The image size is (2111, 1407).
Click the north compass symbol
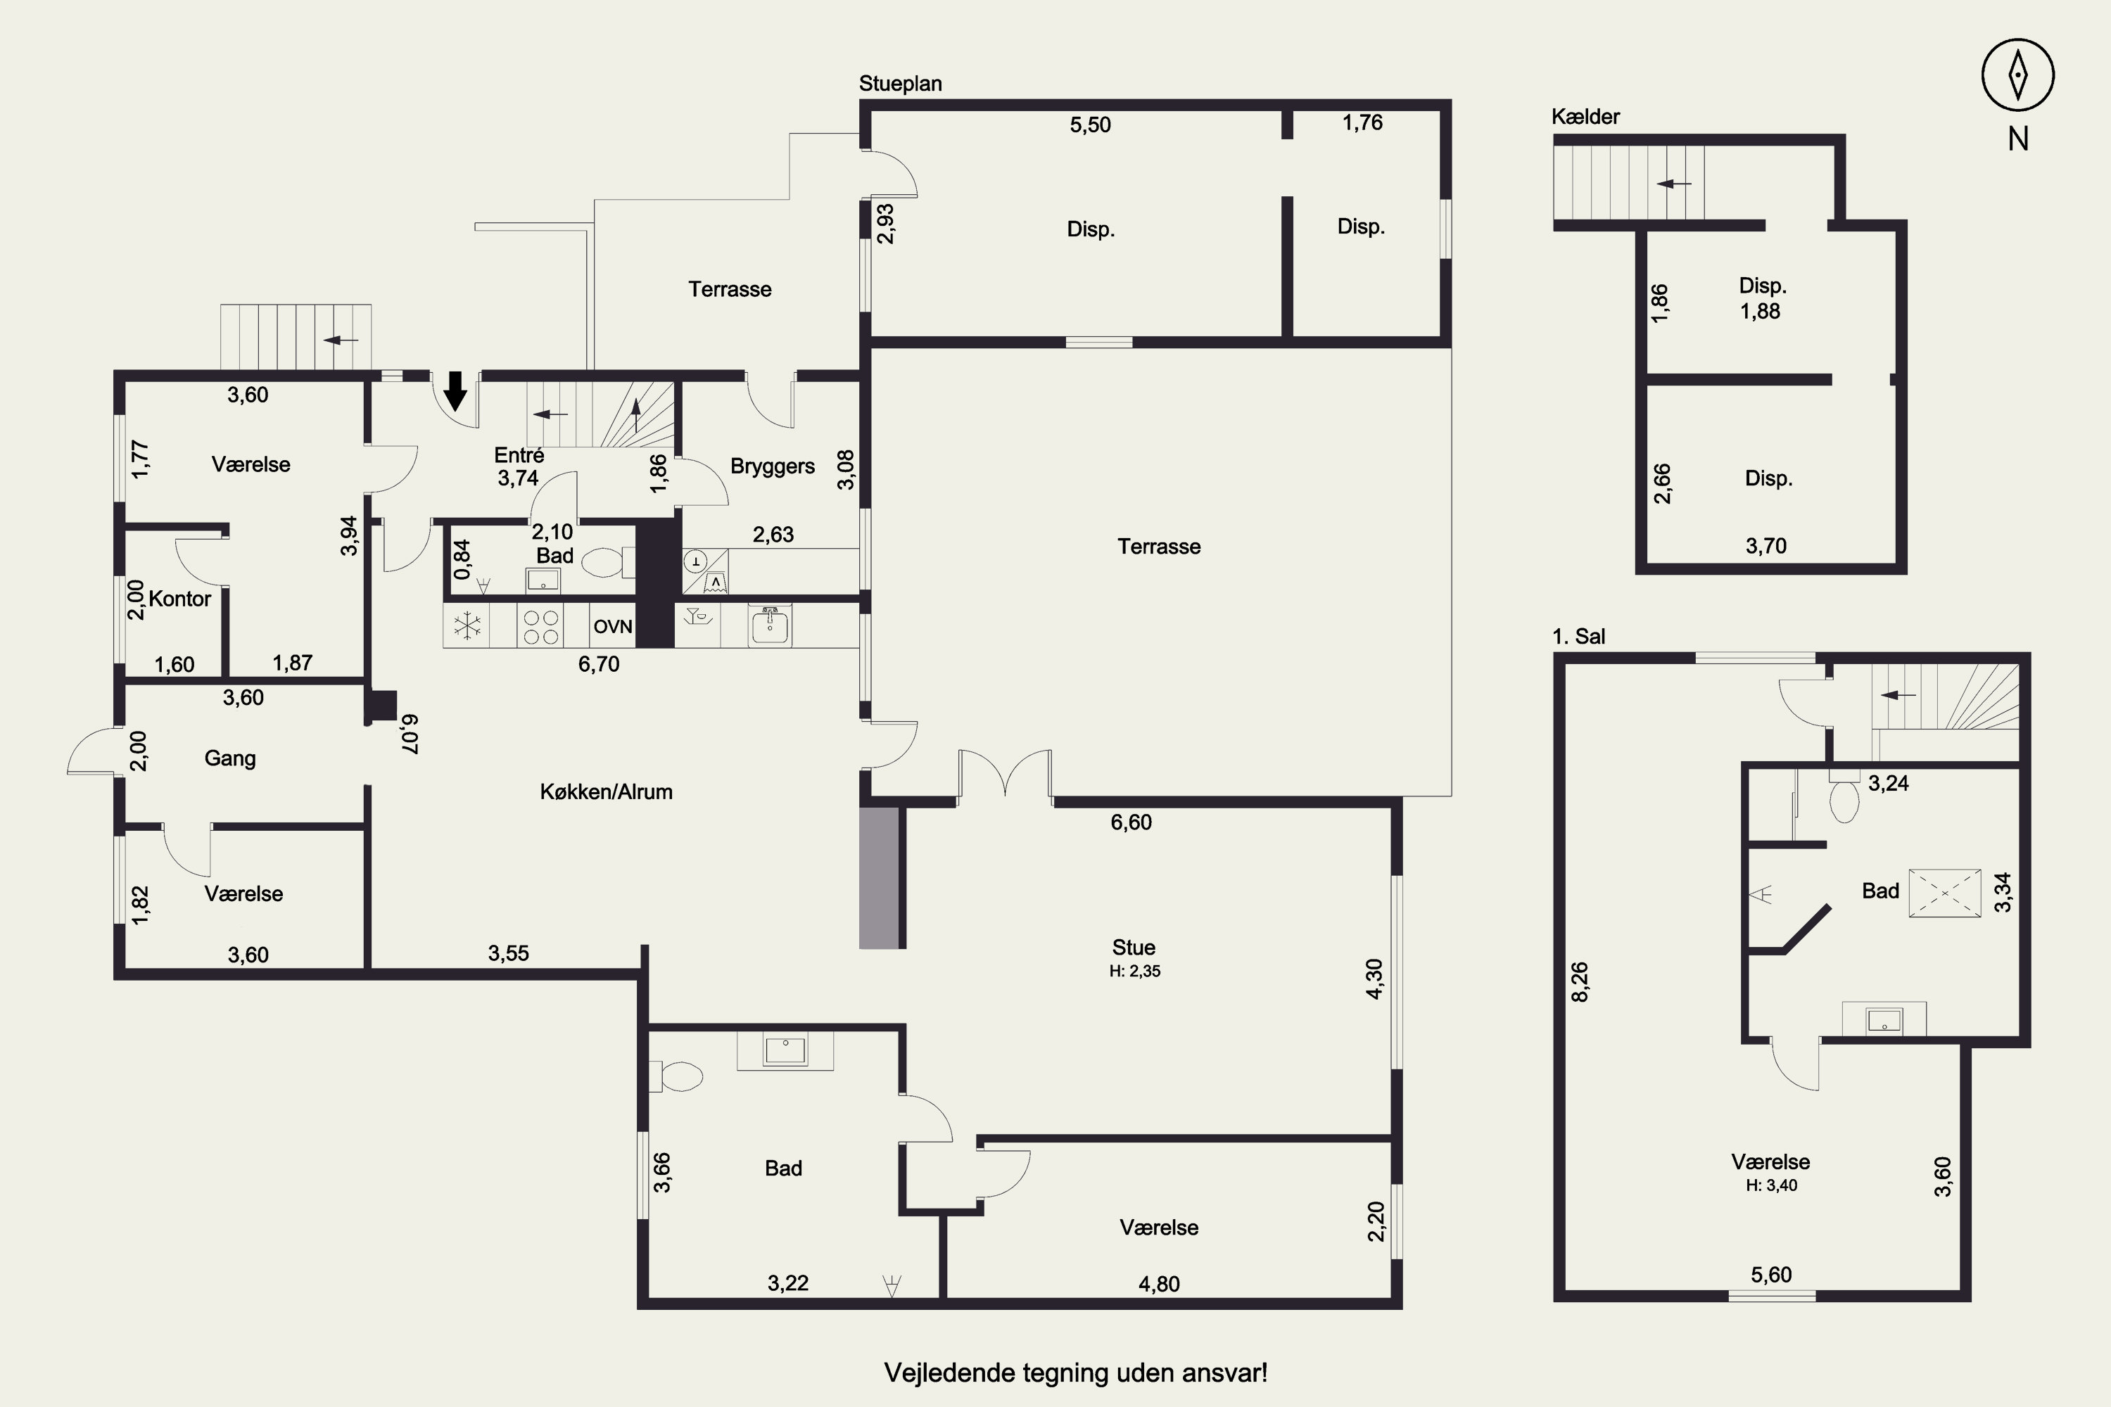pos(2017,75)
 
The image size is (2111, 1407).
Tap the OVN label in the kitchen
pos(613,626)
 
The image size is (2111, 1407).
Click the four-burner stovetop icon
pos(541,626)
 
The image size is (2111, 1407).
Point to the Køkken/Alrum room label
pos(606,791)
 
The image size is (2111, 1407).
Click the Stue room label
pos(1134,948)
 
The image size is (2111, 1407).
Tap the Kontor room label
pos(179,599)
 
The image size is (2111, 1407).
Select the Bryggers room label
pos(773,466)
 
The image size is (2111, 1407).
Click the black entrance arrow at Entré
pos(455,390)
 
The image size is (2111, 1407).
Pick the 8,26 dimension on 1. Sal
pos(1580,981)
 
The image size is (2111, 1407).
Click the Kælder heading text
pos(1586,117)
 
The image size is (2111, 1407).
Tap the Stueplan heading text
pos(900,84)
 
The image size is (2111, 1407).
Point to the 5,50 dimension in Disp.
pos(1091,125)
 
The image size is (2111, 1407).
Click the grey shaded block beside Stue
pos(879,877)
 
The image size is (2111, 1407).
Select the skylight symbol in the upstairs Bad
pos(1944,893)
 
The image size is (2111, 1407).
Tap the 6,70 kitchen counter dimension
pos(599,664)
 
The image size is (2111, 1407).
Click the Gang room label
pos(230,758)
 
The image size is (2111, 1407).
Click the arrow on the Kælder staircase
pos(1674,184)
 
